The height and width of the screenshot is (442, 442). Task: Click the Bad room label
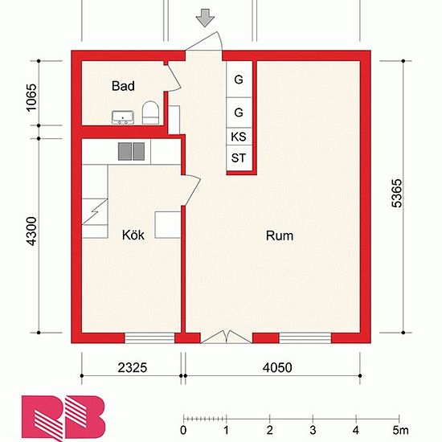pos(123,86)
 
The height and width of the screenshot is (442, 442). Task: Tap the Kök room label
pos(133,235)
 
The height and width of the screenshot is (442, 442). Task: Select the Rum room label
pos(280,235)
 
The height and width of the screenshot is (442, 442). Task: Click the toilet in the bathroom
pos(150,113)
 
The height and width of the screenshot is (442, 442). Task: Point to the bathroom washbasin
pos(123,117)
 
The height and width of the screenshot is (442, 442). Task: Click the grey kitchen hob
pos(131,151)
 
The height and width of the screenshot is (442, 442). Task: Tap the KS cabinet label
pos(239,137)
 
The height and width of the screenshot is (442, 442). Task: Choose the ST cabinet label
pos(239,158)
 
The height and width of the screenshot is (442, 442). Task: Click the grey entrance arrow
pos(205,18)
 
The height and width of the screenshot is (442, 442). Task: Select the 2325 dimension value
pos(133,367)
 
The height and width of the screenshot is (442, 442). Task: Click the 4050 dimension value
pos(277,367)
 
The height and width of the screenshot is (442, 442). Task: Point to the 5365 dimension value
pos(397,194)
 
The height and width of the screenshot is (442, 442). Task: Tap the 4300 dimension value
pos(31,231)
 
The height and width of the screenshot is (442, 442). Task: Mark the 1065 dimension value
pos(31,97)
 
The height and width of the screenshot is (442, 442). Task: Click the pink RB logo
pos(63,418)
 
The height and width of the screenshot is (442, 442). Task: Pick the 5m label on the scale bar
pos(400,431)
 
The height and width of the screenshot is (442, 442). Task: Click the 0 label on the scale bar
pos(183,431)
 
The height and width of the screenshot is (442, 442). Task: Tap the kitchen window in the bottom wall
pos(149,338)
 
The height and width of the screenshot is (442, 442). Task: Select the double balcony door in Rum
pos(226,337)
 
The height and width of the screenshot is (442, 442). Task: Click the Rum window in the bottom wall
pos(305,338)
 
